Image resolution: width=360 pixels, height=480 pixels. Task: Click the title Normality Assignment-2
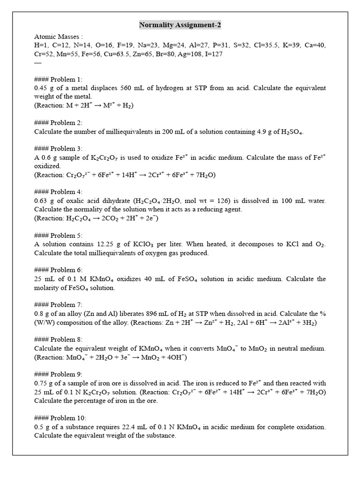click(x=180, y=25)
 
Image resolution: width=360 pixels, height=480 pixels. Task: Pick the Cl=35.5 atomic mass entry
click(x=266, y=45)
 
